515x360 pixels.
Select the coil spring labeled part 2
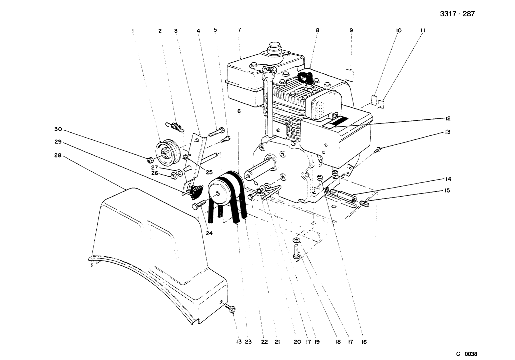pyautogui.click(x=174, y=126)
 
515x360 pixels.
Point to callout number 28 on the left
pyautogui.click(x=58, y=155)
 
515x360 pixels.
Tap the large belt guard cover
pyautogui.click(x=153, y=247)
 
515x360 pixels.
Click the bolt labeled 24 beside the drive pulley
pyautogui.click(x=199, y=205)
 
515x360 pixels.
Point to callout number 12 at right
pyautogui.click(x=448, y=118)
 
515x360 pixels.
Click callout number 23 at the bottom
pyautogui.click(x=248, y=342)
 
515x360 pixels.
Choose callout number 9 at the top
pyautogui.click(x=351, y=30)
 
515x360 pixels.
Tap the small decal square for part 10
pyautogui.click(x=374, y=99)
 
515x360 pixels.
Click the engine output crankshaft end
pyautogui.click(x=249, y=175)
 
